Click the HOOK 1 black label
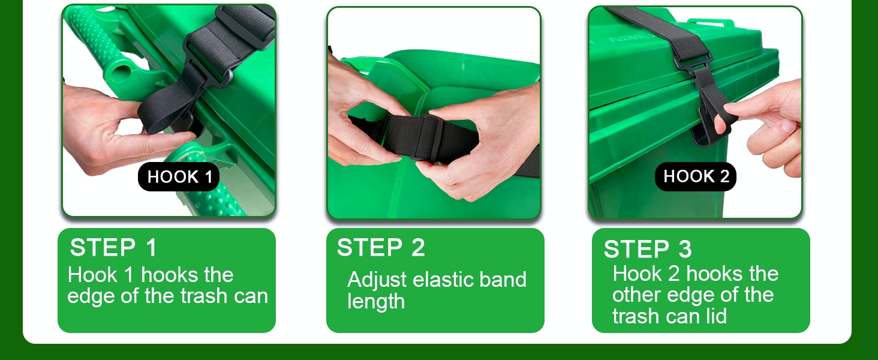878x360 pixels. tap(178, 176)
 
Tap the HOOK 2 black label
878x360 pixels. tap(695, 176)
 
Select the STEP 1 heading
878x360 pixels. tap(113, 247)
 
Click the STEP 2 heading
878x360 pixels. tap(381, 247)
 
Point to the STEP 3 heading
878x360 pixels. tap(648, 248)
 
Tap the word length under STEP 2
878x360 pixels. tap(376, 302)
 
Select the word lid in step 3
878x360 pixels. tap(715, 316)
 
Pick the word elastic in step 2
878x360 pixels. tap(443, 280)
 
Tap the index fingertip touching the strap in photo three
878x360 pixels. tap(720, 125)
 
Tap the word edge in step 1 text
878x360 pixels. tap(91, 296)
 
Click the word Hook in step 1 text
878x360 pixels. tap(92, 275)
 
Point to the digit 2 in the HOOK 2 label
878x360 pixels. tap(724, 176)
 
